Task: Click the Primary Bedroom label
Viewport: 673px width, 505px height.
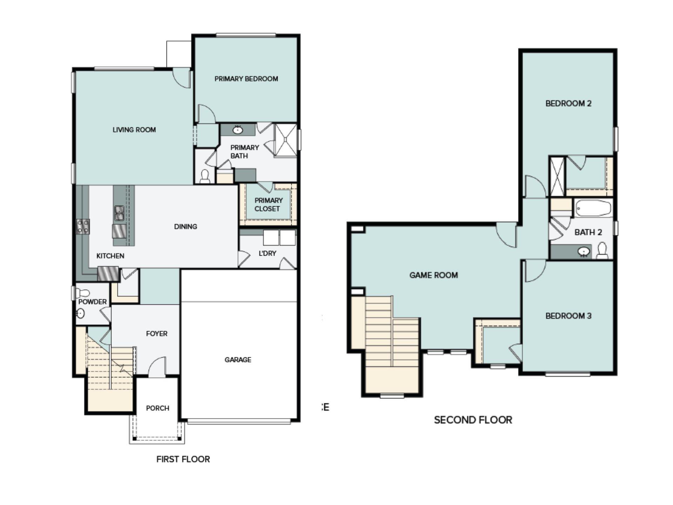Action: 246,79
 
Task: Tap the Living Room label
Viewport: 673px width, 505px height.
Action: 134,130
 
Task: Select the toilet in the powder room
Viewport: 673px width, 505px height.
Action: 83,292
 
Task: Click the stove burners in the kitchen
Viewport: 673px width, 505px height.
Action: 83,227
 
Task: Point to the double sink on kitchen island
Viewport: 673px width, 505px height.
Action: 119,213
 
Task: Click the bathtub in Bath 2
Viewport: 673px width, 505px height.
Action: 593,208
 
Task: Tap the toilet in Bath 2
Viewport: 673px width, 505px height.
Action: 602,250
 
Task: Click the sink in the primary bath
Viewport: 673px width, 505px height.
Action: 238,130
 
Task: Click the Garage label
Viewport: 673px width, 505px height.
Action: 238,360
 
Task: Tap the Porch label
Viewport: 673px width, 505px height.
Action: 157,408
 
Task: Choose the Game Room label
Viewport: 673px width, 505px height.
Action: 434,275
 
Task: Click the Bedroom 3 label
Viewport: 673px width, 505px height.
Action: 568,316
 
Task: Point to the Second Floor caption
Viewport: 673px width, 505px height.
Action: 473,420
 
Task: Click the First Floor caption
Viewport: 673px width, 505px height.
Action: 183,459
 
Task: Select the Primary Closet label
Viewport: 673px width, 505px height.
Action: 268,204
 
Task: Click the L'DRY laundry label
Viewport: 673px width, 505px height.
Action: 267,253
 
